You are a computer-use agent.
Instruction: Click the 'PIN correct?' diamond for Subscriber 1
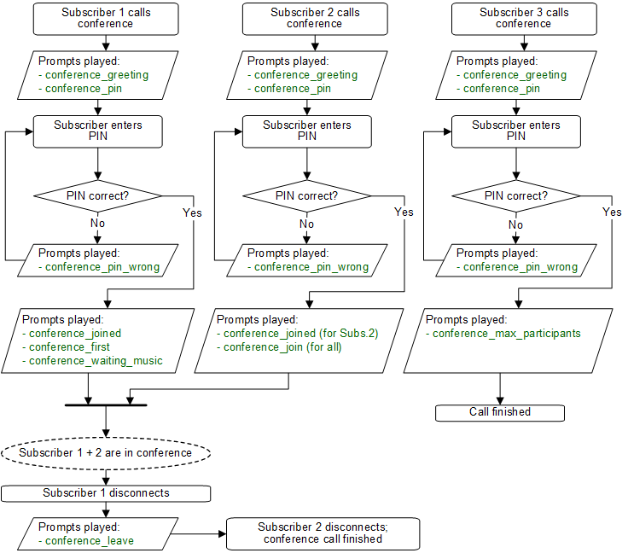click(100, 196)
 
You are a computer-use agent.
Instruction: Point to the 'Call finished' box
click(500, 412)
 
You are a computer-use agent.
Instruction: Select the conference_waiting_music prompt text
click(96, 361)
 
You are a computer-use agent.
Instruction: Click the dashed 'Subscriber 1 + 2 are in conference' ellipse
click(105, 452)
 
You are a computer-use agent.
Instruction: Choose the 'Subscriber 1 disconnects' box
click(106, 492)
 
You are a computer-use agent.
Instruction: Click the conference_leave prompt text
click(84, 540)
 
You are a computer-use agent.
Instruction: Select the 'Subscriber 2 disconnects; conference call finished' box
click(323, 533)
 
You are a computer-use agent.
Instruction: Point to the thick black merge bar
click(105, 404)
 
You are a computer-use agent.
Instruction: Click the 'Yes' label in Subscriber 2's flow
click(404, 212)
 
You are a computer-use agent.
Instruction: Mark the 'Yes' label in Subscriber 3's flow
click(612, 212)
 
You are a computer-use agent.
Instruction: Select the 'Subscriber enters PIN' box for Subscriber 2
click(307, 131)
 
